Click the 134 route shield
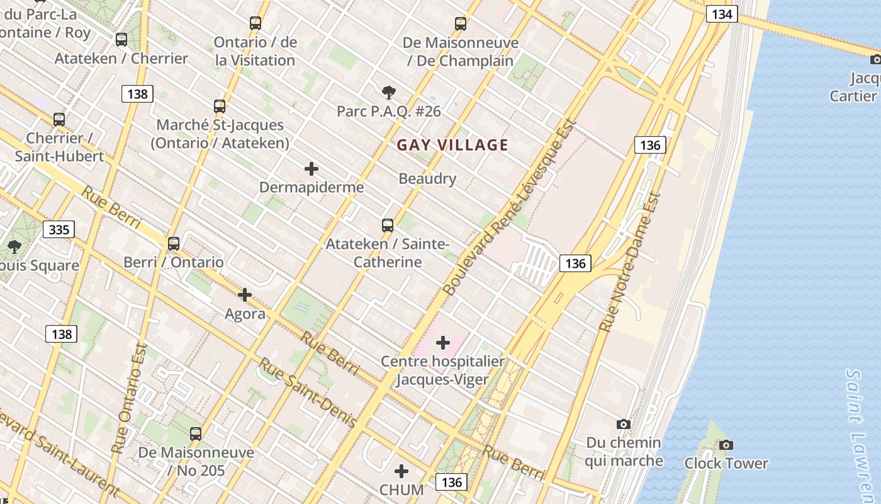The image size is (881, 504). (721, 14)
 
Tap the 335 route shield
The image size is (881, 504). (59, 230)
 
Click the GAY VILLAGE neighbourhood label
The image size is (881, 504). (452, 146)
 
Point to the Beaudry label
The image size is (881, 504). (427, 179)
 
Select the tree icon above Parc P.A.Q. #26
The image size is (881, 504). (389, 93)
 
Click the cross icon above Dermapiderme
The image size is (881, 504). (311, 169)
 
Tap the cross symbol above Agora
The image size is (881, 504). (245, 294)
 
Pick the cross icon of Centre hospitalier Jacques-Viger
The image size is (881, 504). (443, 343)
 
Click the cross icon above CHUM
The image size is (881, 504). (401, 471)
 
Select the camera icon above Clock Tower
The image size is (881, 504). (726, 445)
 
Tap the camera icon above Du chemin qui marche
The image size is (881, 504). (624, 424)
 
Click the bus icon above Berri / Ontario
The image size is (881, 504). (173, 243)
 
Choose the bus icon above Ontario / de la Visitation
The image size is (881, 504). (255, 23)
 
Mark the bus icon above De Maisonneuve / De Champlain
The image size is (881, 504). (461, 24)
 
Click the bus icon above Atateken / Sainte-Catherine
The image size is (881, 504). (388, 225)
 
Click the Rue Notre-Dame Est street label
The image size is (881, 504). (630, 262)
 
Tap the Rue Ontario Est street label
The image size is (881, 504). (129, 398)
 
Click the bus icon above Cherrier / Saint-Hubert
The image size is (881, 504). (59, 119)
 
